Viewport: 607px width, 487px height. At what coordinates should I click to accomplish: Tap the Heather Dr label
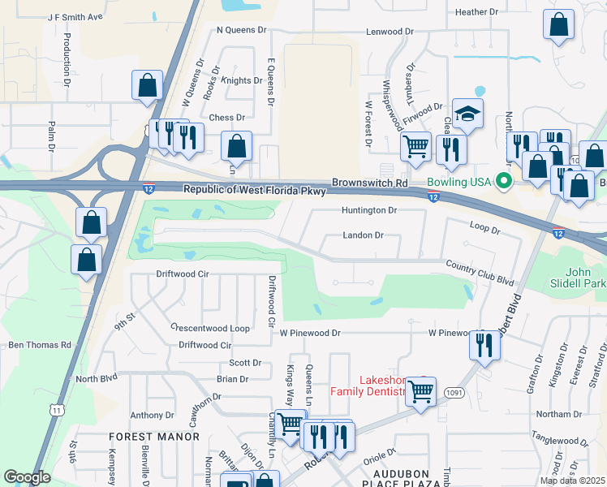point(476,12)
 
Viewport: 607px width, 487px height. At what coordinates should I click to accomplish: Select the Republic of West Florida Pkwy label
point(255,190)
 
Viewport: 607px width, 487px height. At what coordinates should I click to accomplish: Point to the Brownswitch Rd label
point(369,184)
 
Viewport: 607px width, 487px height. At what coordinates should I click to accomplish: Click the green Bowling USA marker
point(504,182)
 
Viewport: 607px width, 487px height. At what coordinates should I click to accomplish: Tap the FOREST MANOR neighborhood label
point(154,437)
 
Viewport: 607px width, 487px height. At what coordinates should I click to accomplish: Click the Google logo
point(27,477)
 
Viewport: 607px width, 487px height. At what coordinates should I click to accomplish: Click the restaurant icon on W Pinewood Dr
point(484,346)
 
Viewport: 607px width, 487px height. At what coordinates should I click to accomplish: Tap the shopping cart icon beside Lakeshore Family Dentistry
point(420,391)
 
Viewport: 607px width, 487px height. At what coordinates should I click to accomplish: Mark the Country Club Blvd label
point(480,274)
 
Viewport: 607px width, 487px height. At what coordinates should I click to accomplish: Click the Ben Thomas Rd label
point(40,345)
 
